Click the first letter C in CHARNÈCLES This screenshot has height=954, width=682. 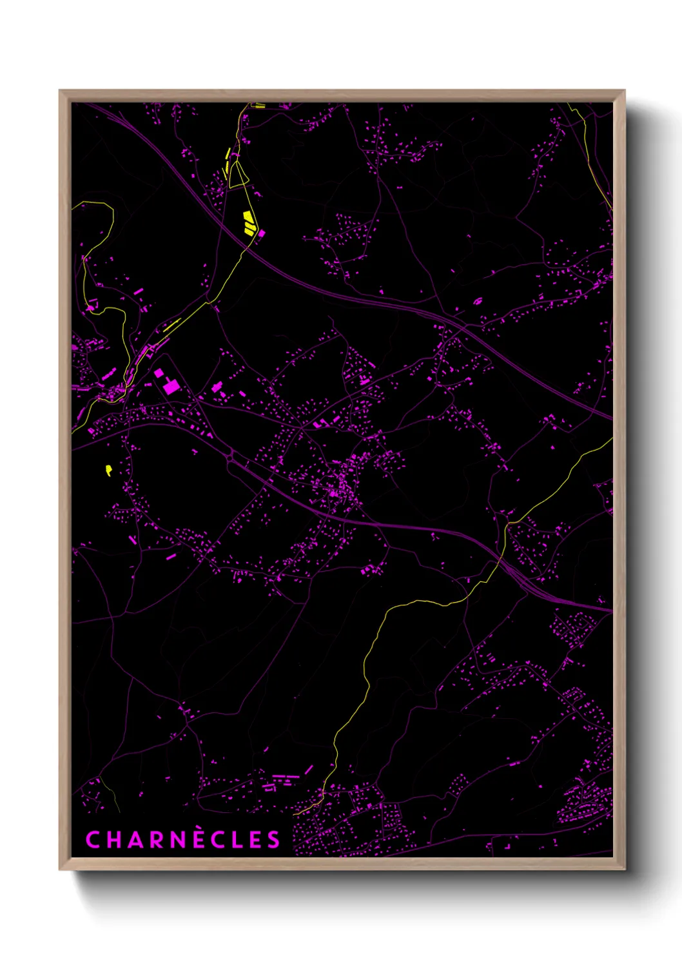[x=92, y=839]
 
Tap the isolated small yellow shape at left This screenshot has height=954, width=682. [x=108, y=469]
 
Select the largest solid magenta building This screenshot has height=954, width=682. [x=171, y=386]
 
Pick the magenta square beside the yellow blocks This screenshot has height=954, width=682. [x=262, y=233]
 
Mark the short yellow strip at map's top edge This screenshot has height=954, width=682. [x=258, y=105]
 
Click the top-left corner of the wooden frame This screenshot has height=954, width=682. [x=60, y=91]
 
